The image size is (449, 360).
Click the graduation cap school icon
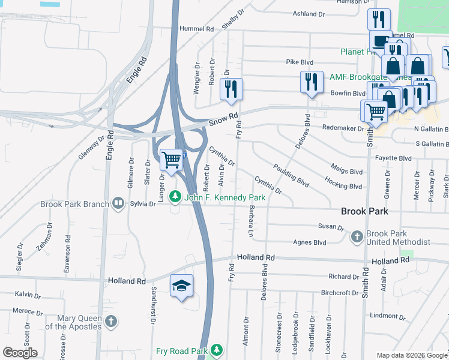(x=182, y=286)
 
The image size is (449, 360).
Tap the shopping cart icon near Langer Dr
(x=172, y=160)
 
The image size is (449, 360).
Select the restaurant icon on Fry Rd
(x=231, y=89)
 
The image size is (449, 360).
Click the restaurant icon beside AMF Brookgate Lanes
(x=310, y=82)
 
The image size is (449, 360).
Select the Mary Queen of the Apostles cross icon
(x=110, y=322)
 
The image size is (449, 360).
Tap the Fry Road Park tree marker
(x=216, y=350)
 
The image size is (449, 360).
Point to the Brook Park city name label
(x=364, y=212)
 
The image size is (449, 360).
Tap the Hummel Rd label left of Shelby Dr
(x=196, y=28)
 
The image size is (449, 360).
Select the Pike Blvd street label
(x=300, y=62)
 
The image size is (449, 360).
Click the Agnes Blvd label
(x=310, y=242)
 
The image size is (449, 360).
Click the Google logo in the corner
(x=20, y=353)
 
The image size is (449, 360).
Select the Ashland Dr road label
(x=309, y=13)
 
